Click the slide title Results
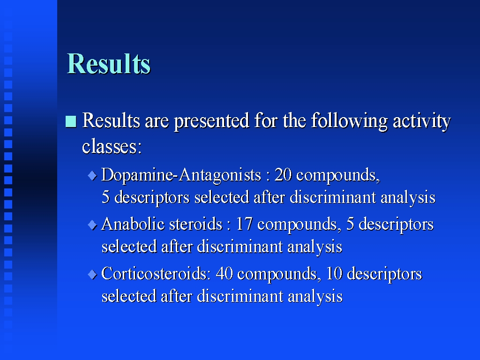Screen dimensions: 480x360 point(109,64)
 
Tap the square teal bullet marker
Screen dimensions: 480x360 point(71,121)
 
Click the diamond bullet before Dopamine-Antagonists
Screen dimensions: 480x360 point(92,176)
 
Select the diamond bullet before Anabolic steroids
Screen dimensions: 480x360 point(92,225)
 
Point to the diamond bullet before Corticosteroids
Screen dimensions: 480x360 point(92,274)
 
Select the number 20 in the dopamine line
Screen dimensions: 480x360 point(283,175)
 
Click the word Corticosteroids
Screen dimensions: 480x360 point(156,273)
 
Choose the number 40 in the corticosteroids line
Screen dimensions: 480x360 point(225,273)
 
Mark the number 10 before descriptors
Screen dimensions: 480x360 point(334,273)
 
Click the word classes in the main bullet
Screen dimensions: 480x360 point(112,146)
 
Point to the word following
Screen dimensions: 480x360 point(349,121)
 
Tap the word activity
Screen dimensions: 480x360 point(422,121)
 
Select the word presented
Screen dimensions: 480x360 point(211,121)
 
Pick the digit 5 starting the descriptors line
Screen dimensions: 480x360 point(105,197)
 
